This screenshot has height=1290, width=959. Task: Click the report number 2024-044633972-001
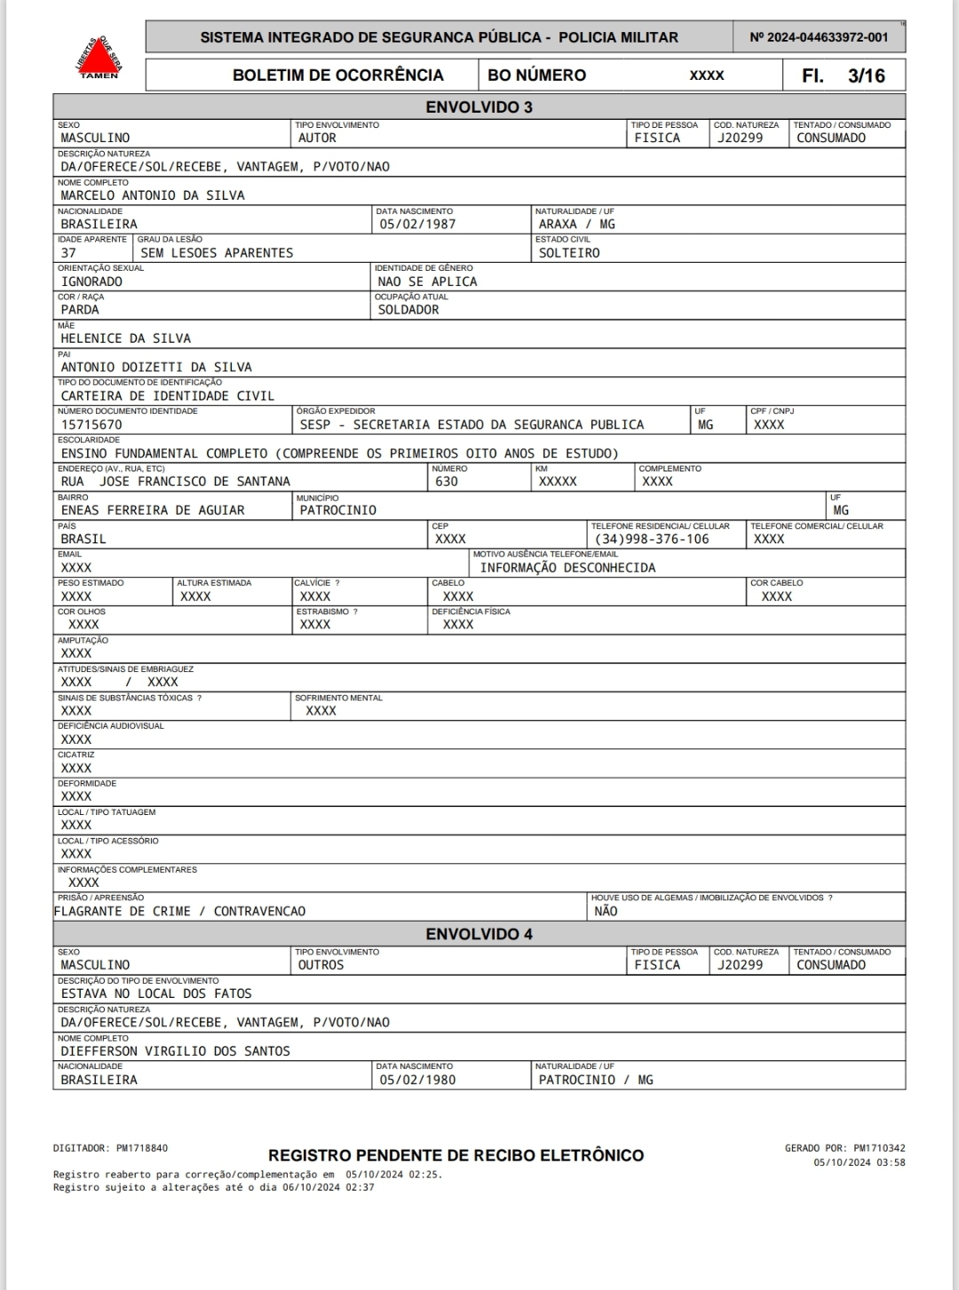pos(818,37)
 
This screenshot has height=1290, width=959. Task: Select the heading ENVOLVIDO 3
pos(479,107)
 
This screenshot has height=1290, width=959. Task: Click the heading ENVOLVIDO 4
pos(479,934)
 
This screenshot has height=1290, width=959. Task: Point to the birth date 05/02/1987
pos(417,224)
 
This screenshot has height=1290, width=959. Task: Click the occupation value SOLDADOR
pos(408,310)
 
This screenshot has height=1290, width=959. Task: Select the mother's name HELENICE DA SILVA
pos(125,338)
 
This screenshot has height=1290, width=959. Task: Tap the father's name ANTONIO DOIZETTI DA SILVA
pos(156,367)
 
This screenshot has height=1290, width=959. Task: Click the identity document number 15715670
pos(91,424)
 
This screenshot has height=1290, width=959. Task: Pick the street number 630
pos(446,481)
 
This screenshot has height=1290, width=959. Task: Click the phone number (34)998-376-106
pos(652,539)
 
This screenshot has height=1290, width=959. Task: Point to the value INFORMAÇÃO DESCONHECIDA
pos(567,567)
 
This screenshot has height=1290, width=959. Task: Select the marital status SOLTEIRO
pos(568,253)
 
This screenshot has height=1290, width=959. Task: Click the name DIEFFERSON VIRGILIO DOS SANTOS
pos(175,1051)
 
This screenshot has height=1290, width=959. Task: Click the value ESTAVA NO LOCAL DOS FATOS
pos(156,993)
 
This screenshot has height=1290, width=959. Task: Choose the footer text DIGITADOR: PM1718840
pos(110,1148)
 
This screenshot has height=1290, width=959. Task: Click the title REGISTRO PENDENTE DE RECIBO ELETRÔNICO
pos(456,1155)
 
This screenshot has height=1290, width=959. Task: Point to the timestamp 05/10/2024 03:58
pos(859,1162)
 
